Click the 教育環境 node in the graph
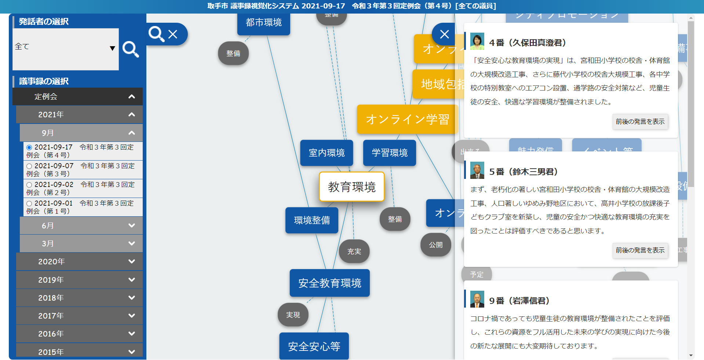click(x=351, y=187)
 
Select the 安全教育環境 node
click(x=329, y=283)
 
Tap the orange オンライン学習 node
click(x=407, y=120)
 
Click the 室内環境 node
click(x=327, y=153)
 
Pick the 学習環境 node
click(x=390, y=153)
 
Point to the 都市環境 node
click(x=263, y=23)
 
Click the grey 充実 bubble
click(x=354, y=251)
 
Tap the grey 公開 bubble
click(x=436, y=245)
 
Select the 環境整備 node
click(x=312, y=220)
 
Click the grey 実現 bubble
click(x=293, y=315)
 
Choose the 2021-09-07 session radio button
click(x=29, y=166)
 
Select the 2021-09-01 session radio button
click(x=29, y=203)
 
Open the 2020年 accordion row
click(x=79, y=261)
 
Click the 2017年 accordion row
click(x=79, y=316)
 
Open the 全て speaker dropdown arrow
click(x=112, y=48)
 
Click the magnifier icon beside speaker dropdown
click(x=131, y=49)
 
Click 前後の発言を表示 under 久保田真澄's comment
click(x=640, y=122)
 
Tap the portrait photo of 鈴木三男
click(x=477, y=170)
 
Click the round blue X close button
click(x=444, y=34)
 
